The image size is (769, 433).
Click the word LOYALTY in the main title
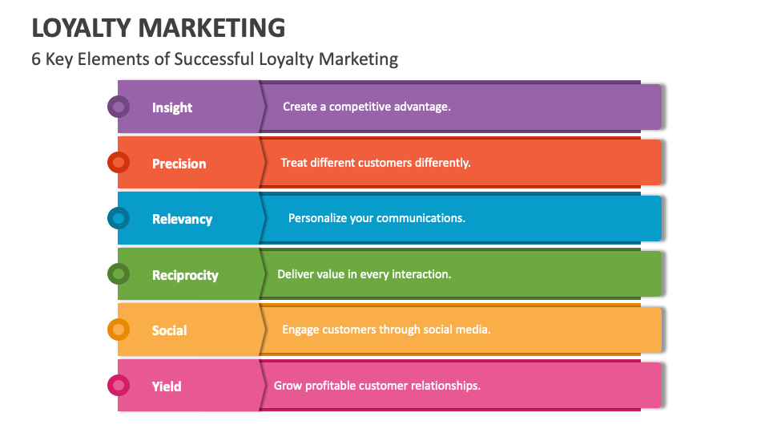81,27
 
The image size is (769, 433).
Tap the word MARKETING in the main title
211,27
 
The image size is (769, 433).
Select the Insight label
172,107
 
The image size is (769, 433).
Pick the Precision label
179,164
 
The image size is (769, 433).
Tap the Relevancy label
182,219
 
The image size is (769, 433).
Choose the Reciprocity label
185,275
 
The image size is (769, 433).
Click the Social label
169,330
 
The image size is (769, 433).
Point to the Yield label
167,386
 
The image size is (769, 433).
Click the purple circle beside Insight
119,106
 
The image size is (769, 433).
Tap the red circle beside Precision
119,162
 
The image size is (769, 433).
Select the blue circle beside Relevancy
119,218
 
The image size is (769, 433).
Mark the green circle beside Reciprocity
119,274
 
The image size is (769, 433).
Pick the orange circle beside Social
119,330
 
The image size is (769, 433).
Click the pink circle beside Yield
119,386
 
